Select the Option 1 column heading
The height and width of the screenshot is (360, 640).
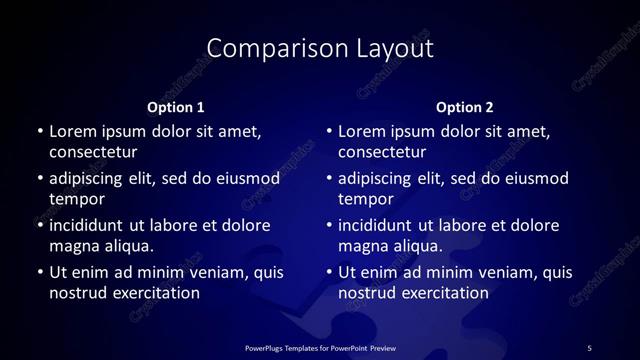(x=176, y=107)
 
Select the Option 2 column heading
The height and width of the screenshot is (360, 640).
(x=466, y=107)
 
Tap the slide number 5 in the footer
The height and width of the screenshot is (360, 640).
(x=589, y=347)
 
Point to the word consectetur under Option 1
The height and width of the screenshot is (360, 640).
(x=93, y=153)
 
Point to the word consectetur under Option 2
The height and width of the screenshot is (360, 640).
(x=383, y=153)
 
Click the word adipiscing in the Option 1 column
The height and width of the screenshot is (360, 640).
(x=90, y=179)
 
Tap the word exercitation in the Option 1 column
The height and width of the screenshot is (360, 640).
(x=155, y=294)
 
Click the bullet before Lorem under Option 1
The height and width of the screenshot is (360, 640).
(x=39, y=131)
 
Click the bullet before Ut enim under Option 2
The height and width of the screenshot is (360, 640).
(x=329, y=272)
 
